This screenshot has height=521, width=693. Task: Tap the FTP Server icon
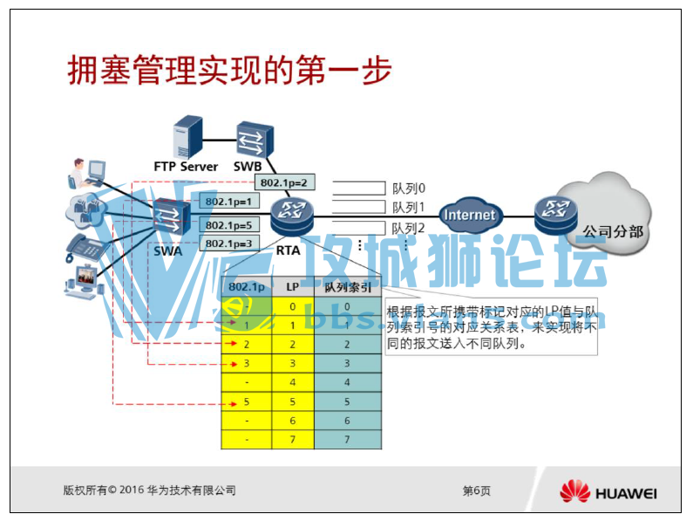click(187, 137)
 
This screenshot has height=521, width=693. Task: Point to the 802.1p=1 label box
click(228, 202)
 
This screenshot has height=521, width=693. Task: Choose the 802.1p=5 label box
click(228, 225)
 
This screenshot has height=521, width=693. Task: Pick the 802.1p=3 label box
click(228, 243)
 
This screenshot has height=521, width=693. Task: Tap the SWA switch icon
click(169, 219)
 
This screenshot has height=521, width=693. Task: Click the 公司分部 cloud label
click(613, 232)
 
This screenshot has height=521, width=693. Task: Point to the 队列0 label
click(408, 188)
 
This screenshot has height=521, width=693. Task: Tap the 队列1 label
click(408, 208)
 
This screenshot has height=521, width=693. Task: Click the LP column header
click(292, 286)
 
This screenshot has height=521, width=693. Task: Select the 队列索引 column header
click(347, 286)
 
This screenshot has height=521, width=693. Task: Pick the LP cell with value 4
click(292, 382)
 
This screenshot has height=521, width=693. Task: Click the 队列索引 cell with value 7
click(347, 440)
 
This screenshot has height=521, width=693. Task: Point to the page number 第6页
click(476, 491)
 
